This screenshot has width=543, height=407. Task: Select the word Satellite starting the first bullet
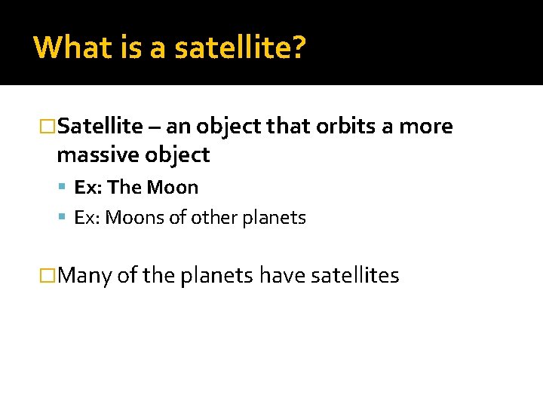(x=100, y=126)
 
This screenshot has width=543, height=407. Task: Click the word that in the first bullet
(x=290, y=126)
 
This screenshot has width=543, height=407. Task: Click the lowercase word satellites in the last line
(x=354, y=276)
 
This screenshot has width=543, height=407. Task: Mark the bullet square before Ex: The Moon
(x=62, y=188)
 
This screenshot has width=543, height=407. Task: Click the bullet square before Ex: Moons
(x=62, y=218)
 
